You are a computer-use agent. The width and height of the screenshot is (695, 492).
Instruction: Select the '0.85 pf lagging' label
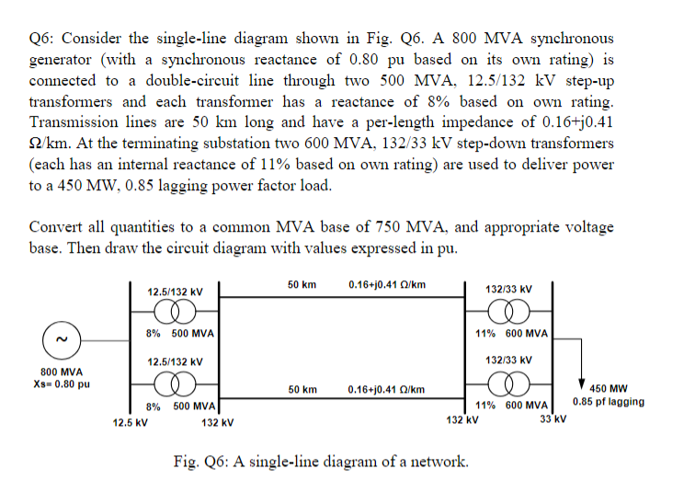[x=608, y=402]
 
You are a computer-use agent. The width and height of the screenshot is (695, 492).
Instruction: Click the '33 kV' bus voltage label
[x=552, y=420]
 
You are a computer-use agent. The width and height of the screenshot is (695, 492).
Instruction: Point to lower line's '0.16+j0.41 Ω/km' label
[x=387, y=389]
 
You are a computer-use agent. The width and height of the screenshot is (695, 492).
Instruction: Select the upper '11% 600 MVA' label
[x=512, y=333]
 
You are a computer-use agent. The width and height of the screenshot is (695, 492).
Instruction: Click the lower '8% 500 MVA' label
[x=181, y=406]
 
